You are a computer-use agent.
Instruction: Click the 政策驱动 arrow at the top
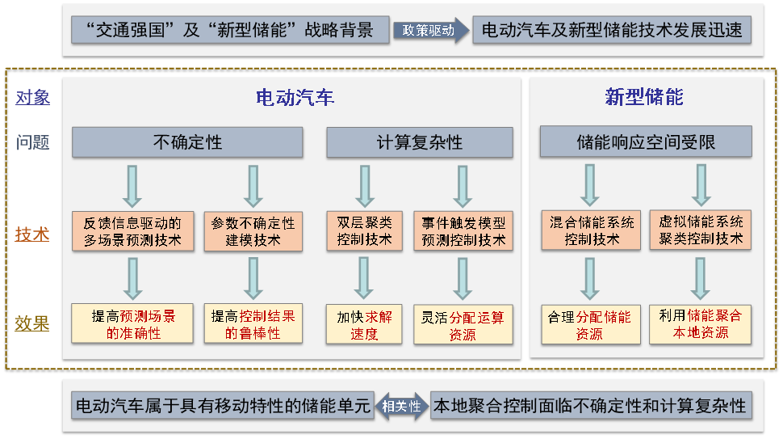[x=430, y=31]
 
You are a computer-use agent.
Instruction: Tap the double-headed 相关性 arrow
[x=401, y=406]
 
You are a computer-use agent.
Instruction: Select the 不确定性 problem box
[x=187, y=142]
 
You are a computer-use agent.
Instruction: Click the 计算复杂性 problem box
[x=420, y=142]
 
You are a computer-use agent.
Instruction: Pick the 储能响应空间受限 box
[x=646, y=142]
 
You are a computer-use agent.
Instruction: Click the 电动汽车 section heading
[x=295, y=98]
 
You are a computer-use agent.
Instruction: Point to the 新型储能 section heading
[x=644, y=97]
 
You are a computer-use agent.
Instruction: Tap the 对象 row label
[x=33, y=98]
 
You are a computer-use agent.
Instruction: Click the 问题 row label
[x=33, y=142]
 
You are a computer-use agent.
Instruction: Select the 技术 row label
[x=32, y=234]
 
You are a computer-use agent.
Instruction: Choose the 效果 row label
[x=32, y=323]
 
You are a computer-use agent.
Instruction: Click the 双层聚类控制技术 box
[x=364, y=231]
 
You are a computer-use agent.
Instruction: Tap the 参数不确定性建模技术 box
[x=253, y=231]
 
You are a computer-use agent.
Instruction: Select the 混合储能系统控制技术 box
[x=591, y=230]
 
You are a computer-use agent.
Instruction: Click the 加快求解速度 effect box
[x=364, y=325]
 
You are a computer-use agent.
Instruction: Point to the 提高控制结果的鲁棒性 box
[x=253, y=323]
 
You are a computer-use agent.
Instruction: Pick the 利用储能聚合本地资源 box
[x=700, y=324]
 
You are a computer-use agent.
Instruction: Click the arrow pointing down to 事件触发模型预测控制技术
[x=463, y=187]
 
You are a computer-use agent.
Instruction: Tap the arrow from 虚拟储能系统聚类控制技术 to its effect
[x=701, y=278]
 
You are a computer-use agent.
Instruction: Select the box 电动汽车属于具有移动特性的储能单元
[x=223, y=406]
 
